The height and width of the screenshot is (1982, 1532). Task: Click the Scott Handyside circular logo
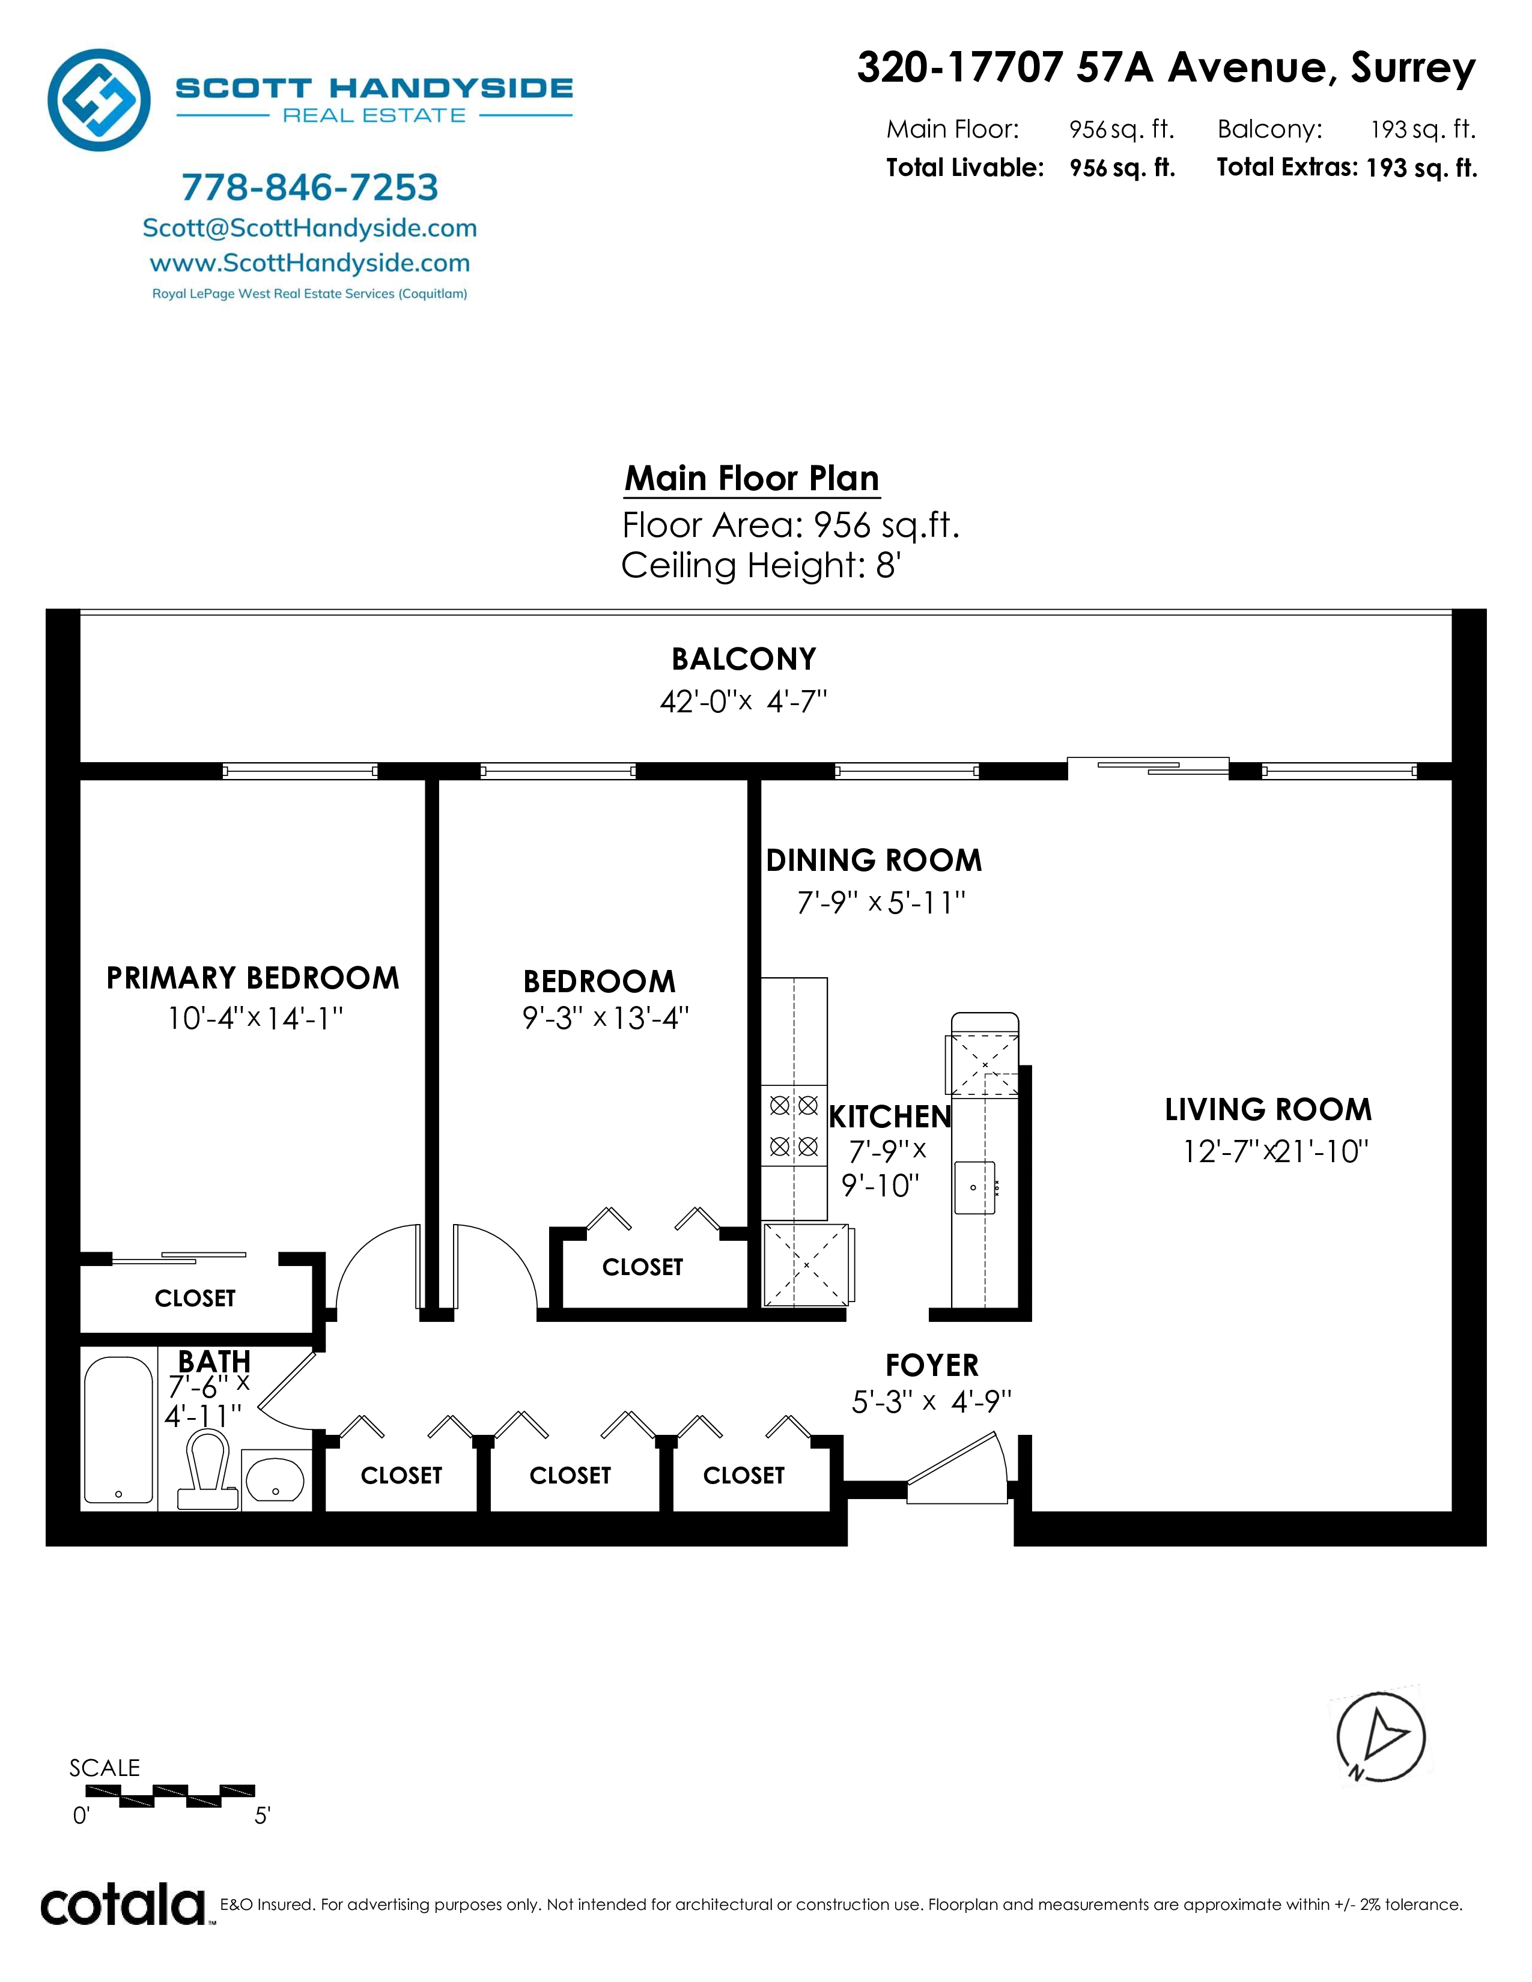coord(99,100)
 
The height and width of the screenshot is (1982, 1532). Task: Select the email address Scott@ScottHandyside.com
coord(309,228)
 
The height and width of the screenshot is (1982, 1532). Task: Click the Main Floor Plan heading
coord(752,478)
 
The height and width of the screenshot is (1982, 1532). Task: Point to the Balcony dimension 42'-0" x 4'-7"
coord(743,702)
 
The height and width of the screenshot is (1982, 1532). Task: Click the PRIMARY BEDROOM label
coord(253,978)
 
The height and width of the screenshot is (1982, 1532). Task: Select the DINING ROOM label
coord(874,860)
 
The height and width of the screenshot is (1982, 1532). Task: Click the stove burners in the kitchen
coord(794,1126)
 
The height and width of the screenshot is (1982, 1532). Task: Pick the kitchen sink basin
coord(974,1187)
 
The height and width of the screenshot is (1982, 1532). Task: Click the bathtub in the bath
coord(118,1429)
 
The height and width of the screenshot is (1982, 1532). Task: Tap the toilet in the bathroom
coord(208,1468)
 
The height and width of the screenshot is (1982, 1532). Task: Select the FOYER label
coord(932,1366)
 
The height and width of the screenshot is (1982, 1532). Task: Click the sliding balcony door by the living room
coord(1148,768)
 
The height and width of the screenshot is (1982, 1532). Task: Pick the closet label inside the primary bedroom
coord(195,1299)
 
